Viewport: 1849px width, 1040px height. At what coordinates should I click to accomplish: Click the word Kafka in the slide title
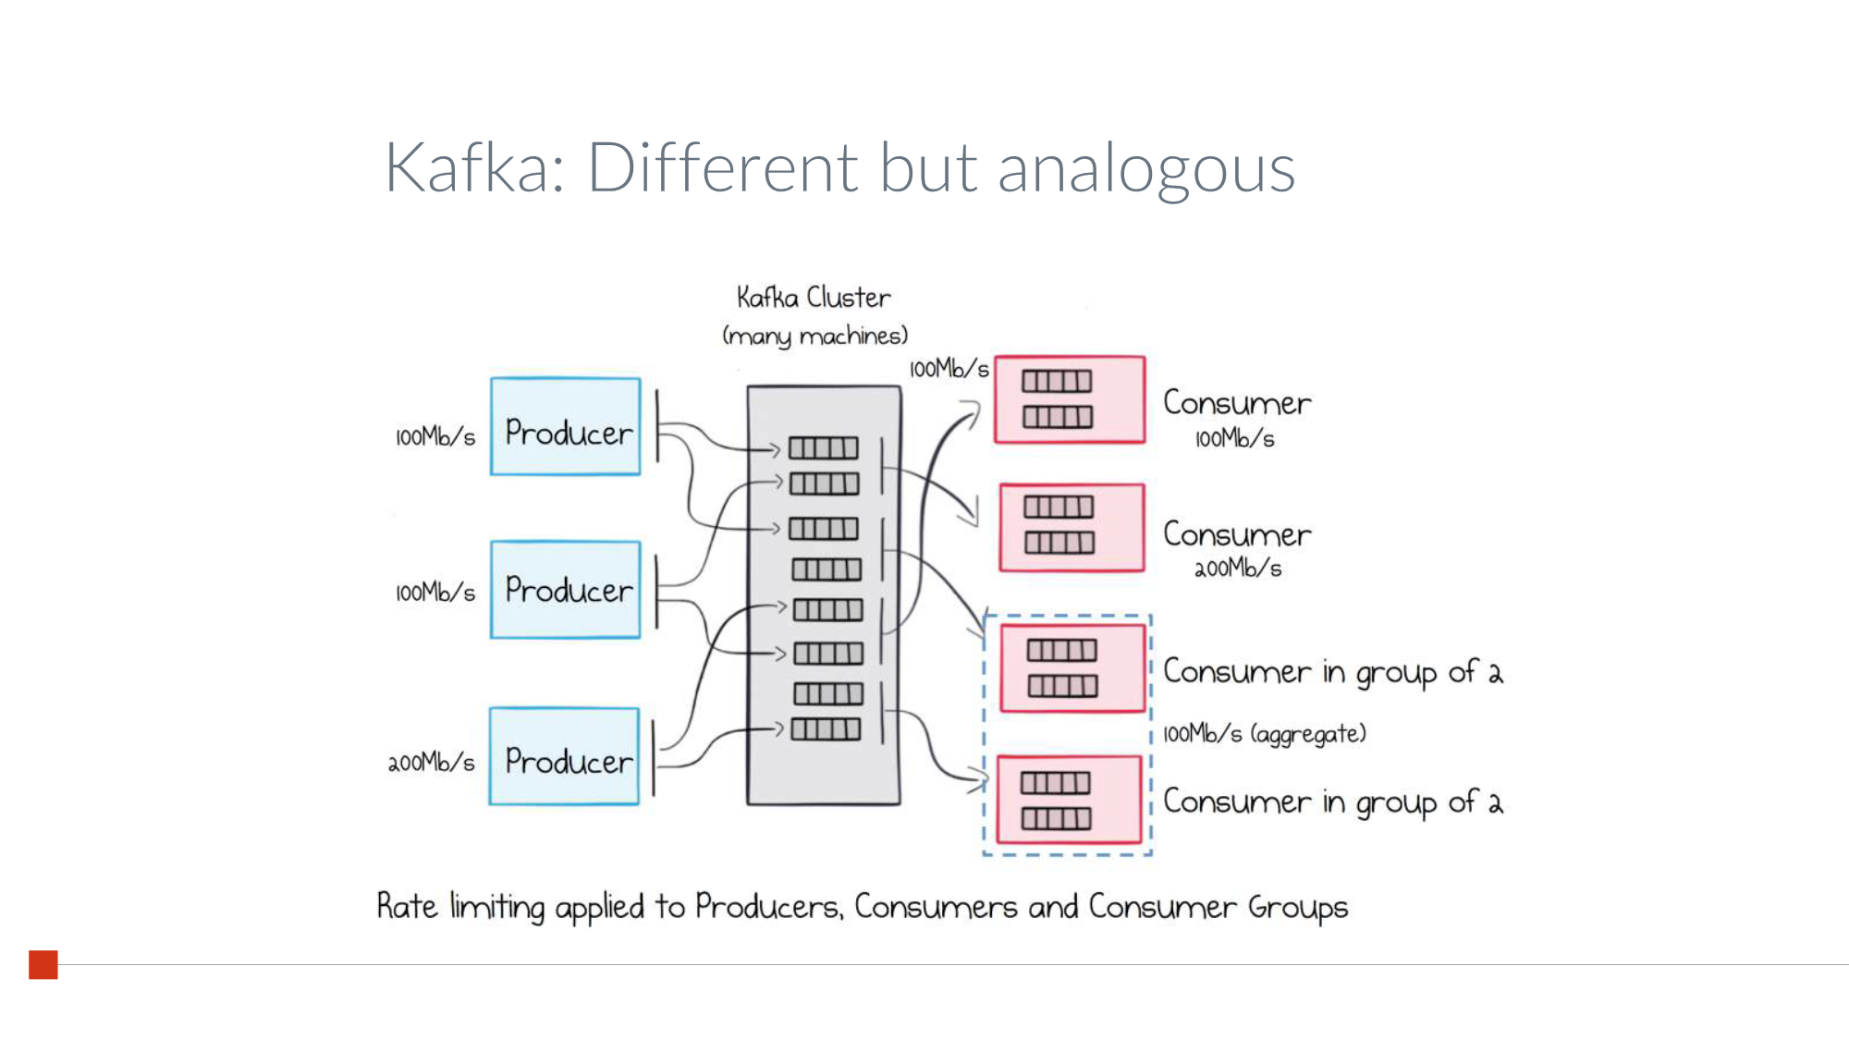pos(469,168)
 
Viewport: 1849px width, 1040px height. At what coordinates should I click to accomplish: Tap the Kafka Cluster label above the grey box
pos(814,298)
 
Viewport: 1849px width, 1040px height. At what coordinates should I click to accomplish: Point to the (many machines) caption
pos(815,336)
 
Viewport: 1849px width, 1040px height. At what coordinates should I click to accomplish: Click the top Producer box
pos(566,427)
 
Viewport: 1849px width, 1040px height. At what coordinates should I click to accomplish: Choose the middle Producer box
pos(566,590)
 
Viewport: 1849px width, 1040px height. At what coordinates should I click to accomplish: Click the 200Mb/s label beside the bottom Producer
pos(431,763)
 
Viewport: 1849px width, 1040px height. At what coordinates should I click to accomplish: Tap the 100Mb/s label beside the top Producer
pos(435,437)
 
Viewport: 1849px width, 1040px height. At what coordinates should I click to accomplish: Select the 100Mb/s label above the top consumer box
pos(949,370)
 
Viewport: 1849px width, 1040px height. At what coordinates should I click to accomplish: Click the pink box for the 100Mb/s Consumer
pos(1070,399)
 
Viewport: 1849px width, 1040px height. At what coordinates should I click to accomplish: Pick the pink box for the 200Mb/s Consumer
pos(1072,527)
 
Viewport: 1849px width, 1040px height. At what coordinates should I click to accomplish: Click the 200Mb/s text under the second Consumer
pos(1238,569)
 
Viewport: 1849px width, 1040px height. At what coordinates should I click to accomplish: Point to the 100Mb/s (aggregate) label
pos(1264,734)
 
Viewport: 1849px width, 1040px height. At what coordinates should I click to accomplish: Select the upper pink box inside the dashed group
pos(1072,668)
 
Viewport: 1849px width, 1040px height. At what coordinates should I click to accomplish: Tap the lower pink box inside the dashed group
pos(1069,800)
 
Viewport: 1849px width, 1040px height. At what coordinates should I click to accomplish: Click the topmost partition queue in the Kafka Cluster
pos(824,448)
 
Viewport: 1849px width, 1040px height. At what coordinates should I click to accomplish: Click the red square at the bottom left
pos(43,964)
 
